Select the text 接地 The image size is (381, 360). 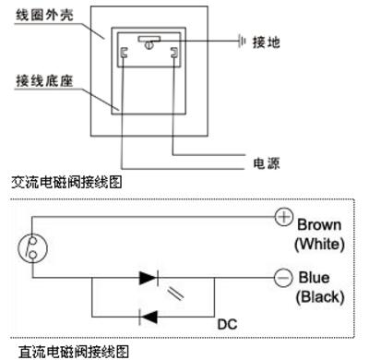tap(270, 42)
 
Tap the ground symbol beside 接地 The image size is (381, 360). tap(242, 42)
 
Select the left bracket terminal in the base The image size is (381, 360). tap(124, 56)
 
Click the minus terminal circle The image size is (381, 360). tap(283, 276)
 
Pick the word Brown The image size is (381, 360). tap(319, 224)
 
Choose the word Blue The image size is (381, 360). tap(314, 277)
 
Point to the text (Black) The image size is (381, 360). tap(319, 296)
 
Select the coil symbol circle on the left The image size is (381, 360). tap(34, 246)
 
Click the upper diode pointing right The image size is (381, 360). tap(148, 276)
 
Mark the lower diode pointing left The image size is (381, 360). tap(148, 317)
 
